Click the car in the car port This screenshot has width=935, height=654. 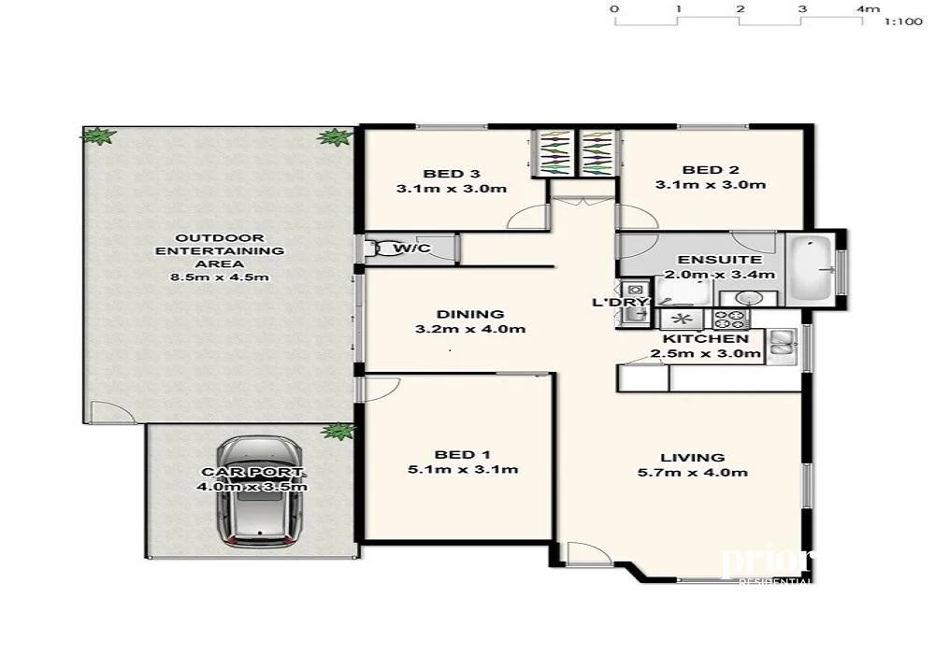coord(261,493)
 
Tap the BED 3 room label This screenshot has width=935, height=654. coord(452,174)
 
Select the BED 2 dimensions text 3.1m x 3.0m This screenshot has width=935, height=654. coord(711,185)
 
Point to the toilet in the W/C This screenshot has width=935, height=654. coord(381,249)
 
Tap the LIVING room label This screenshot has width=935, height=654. coord(692,457)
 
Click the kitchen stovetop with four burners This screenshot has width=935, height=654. coord(730,318)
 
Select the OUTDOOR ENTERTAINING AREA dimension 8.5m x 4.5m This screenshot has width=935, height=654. coord(220,278)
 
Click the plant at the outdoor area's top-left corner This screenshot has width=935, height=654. coord(97,136)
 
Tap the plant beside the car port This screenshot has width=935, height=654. coord(338,431)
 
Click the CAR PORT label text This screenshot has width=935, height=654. coord(253,472)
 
